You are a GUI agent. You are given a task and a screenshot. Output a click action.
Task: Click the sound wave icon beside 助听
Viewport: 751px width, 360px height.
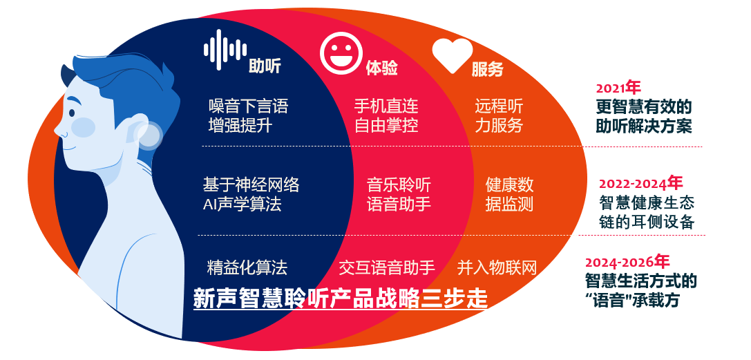coord(225,49)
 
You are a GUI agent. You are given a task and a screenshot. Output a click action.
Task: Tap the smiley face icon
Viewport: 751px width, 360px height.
coord(341,53)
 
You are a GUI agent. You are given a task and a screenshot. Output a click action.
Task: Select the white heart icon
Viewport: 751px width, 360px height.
coord(452,55)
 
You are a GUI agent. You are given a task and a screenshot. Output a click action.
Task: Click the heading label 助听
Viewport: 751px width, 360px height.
coord(265,66)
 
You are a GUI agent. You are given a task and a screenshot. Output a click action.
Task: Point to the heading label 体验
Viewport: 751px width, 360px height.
coord(381,68)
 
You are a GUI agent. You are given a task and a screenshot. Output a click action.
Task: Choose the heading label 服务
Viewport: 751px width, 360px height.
coord(487,69)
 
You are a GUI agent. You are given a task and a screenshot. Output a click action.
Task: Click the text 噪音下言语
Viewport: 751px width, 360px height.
coord(248,106)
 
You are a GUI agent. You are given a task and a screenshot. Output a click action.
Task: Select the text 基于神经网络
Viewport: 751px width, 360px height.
coord(251,185)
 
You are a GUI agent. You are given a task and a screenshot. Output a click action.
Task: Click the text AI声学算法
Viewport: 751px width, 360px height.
coord(242,205)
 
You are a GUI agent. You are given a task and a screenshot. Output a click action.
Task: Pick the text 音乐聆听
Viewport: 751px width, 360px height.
coord(399,185)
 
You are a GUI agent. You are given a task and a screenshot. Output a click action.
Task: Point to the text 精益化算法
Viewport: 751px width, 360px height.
coord(247,267)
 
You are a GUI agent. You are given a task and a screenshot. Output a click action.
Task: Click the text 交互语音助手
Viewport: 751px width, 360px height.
coord(386,267)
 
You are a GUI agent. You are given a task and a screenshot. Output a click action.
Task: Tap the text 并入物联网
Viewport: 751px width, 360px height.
coord(497,267)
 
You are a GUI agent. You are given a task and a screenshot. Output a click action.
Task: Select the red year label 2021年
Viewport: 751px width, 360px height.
coord(618,88)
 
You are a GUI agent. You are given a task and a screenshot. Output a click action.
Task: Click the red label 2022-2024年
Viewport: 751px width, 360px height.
coord(640,183)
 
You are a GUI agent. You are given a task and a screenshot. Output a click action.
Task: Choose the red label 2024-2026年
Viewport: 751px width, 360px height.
coord(627,263)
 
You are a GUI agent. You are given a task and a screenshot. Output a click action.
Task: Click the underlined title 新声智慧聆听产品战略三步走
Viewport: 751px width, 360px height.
coord(340,299)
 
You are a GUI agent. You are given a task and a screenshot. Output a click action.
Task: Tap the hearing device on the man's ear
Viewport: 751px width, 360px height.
coord(147,134)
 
